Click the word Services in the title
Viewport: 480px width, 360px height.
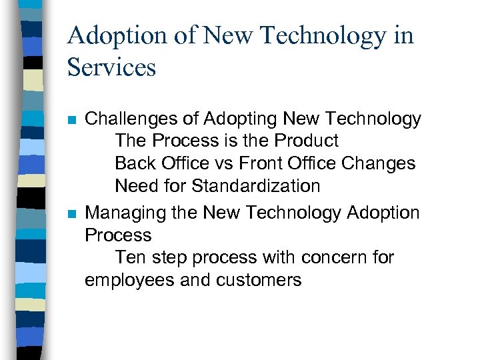pos(111,67)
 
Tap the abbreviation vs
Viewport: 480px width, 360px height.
pos(239,163)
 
